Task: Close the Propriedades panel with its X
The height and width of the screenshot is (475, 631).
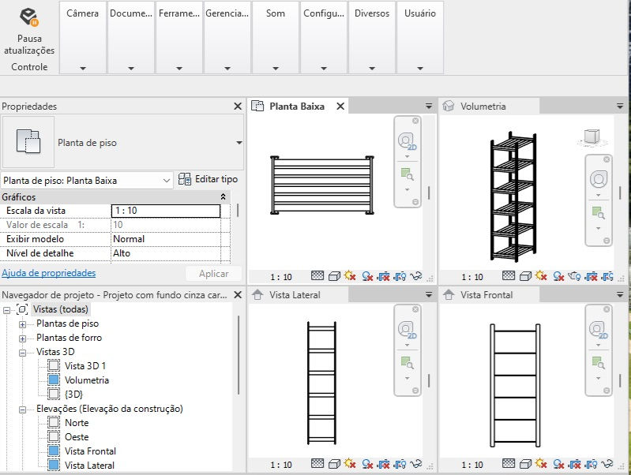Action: (x=238, y=107)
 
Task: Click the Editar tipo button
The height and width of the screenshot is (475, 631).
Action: (x=208, y=180)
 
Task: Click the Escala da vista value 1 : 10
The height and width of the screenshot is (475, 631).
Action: (x=165, y=211)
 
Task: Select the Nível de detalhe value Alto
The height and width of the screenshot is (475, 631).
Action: (x=165, y=253)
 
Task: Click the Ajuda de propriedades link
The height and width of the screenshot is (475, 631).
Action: (x=49, y=273)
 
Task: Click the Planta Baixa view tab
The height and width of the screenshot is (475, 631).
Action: (x=296, y=107)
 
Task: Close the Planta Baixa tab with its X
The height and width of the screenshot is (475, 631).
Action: (x=340, y=107)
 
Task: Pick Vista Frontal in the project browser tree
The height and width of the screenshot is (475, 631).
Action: (x=90, y=451)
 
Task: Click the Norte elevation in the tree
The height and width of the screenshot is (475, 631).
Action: (x=77, y=423)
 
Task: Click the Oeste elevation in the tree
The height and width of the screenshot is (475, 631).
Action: (x=77, y=437)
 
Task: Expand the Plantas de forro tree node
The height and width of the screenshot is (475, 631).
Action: (x=23, y=338)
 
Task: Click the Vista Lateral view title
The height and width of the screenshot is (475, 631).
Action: (x=295, y=295)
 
